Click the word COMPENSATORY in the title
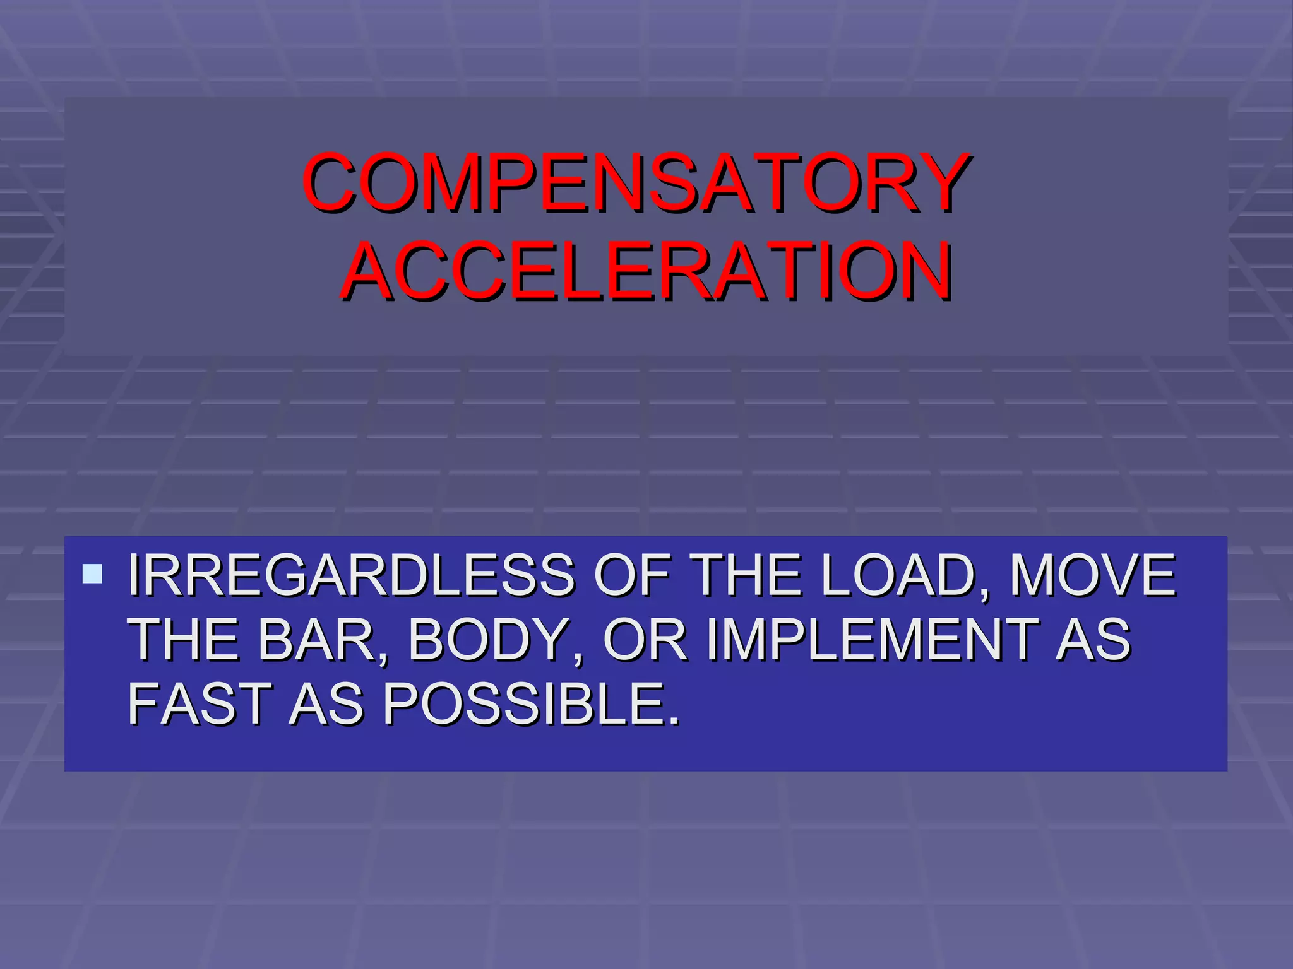tap(636, 182)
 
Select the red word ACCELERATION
tap(646, 271)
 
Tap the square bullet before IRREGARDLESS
tap(92, 573)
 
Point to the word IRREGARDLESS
tap(351, 575)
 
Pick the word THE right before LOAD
tap(747, 575)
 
